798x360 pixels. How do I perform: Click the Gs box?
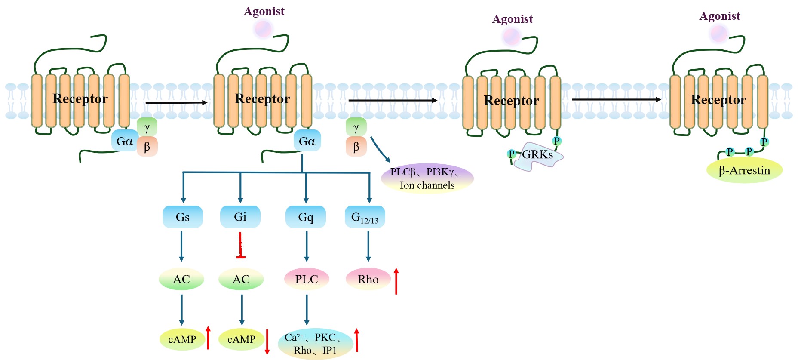tap(182, 217)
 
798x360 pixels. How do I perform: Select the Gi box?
tap(240, 217)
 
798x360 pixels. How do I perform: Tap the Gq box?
tap(305, 217)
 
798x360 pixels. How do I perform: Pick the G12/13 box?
tap(365, 217)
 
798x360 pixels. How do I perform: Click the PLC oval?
tap(307, 279)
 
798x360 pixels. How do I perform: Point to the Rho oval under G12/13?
tap(368, 279)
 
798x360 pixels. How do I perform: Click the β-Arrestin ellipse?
tap(744, 170)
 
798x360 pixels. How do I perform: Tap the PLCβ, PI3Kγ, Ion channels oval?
tap(427, 178)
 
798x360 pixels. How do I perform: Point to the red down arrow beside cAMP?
tap(267, 342)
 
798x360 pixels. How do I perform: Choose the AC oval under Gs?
tap(181, 279)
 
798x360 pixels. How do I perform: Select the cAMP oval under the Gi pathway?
tap(241, 339)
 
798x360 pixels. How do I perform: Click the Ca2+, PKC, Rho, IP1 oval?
tap(315, 344)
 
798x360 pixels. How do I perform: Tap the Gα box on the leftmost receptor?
tap(125, 141)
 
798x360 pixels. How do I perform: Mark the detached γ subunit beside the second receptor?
tap(356, 127)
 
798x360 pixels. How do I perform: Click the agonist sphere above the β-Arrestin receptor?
tap(719, 34)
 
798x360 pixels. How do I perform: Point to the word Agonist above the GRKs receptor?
tap(513, 19)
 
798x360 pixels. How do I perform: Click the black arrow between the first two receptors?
tap(176, 103)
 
